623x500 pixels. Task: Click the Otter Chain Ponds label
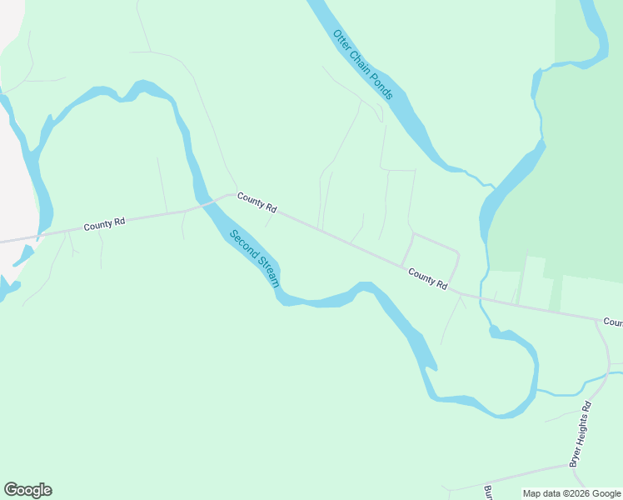click(362, 65)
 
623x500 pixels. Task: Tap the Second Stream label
click(255, 259)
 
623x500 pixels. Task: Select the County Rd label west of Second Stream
click(104, 224)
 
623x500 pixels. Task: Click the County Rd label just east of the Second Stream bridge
click(257, 202)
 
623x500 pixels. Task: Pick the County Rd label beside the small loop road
click(427, 278)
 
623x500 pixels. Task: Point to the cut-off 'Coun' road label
click(612, 322)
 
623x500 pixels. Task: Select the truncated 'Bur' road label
click(488, 491)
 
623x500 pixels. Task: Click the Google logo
click(27, 490)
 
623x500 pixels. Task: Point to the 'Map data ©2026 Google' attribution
click(571, 493)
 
